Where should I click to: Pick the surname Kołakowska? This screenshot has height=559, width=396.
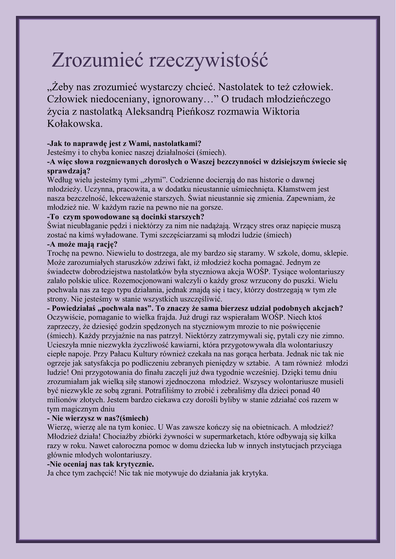[x=74, y=124]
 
